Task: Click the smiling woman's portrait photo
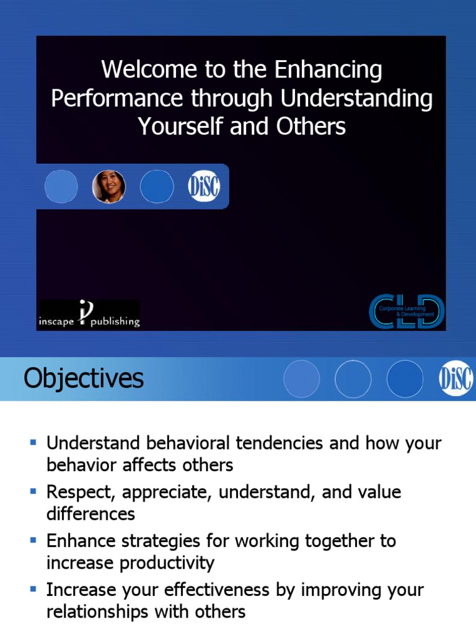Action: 109,187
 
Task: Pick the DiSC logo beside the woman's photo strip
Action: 204,187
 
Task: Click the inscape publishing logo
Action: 89,314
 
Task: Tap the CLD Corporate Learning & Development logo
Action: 407,311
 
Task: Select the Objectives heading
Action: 84,378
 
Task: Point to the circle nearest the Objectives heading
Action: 301,379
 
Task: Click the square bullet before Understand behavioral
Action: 33,442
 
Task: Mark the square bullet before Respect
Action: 33,491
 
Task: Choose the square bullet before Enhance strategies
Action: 33,540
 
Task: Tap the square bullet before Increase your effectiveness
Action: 33,589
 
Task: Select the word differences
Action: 90,514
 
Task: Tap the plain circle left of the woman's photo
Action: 61,187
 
